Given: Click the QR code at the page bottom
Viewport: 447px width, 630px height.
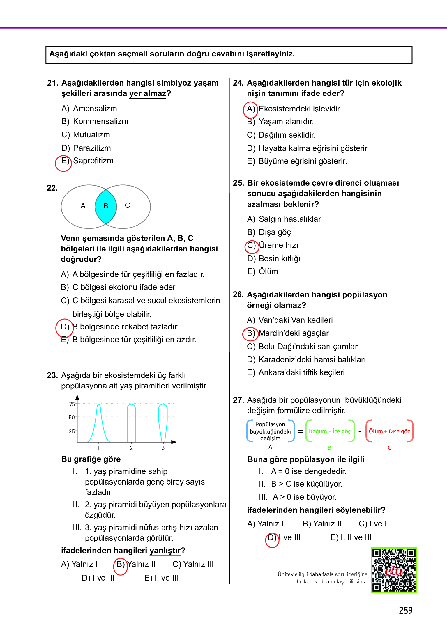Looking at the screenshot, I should click(394, 570).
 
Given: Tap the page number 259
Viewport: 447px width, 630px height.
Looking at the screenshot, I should click(406, 610).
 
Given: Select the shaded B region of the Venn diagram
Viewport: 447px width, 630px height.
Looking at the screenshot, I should click(106, 206).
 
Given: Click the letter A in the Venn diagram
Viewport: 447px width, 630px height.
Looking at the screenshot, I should click(83, 206).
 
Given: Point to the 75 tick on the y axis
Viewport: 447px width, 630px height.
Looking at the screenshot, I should click(72, 404).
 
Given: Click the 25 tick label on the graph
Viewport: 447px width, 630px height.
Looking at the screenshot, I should click(72, 431).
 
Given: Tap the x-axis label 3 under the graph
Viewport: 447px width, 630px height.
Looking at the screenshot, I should click(163, 448).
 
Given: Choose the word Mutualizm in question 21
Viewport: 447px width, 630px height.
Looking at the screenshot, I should click(91, 135).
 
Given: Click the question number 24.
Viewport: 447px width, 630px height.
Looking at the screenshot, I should click(238, 83).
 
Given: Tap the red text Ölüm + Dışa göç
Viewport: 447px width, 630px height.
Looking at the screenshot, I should click(389, 431).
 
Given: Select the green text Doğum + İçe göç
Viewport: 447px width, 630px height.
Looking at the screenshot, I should click(329, 431).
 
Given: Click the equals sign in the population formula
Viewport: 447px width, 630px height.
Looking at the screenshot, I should click(300, 431).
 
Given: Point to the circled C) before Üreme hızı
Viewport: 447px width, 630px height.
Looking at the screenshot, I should click(251, 246).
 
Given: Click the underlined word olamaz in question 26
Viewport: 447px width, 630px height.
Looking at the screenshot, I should click(287, 305).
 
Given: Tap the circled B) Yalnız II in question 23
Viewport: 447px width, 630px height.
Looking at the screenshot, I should click(121, 565).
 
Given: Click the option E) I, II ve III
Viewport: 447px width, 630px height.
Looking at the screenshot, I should click(351, 537).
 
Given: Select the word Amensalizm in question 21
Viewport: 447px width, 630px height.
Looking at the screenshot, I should click(95, 109).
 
